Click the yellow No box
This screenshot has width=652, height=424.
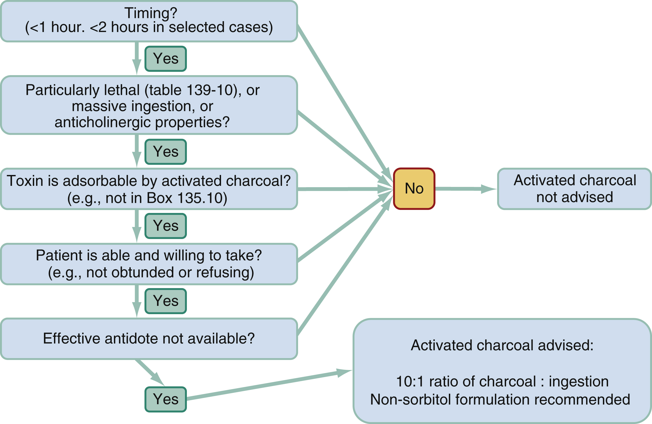coord(414,189)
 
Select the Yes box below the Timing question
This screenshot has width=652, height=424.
coord(165,59)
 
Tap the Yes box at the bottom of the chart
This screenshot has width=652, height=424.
coord(165,399)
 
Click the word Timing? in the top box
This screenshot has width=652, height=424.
coord(151,13)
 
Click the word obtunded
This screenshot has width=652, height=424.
coord(142,272)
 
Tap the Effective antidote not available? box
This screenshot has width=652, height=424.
coord(149,339)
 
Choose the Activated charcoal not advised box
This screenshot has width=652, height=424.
coord(574,189)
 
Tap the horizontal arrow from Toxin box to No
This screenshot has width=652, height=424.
coord(343,189)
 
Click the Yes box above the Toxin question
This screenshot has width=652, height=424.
coord(165,152)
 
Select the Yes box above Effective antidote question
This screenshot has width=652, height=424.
coord(165,301)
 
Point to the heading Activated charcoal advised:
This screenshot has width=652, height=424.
coord(502,345)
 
